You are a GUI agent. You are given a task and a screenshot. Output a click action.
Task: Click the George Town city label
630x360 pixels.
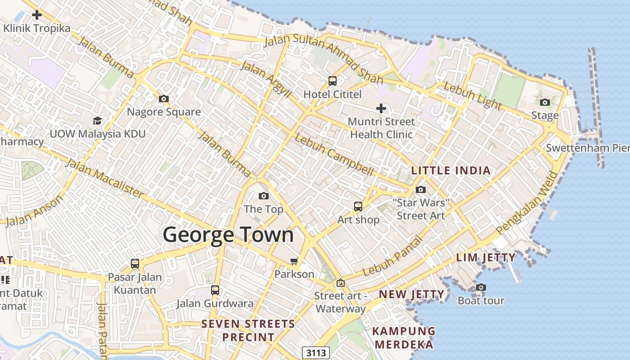[228, 235]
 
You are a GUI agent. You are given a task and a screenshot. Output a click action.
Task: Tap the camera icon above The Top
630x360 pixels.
[264, 196]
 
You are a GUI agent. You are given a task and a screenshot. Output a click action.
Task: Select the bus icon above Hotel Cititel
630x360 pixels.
[333, 81]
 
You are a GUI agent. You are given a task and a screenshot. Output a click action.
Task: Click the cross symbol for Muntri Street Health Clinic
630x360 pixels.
[381, 108]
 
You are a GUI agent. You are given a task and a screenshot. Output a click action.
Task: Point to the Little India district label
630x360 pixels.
[451, 171]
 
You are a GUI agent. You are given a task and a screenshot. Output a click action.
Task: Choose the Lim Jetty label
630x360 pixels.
[486, 257]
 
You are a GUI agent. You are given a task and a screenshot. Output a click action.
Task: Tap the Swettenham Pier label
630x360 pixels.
[587, 148]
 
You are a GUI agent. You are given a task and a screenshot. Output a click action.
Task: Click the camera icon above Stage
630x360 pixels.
[545, 103]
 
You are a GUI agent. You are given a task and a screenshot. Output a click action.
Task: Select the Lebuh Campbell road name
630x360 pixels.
[334, 155]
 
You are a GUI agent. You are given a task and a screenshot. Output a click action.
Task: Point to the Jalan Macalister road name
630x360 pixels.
[105, 179]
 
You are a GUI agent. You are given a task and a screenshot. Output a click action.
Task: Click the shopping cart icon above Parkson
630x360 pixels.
[294, 261]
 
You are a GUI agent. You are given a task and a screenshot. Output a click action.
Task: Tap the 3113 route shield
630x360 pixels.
[316, 353]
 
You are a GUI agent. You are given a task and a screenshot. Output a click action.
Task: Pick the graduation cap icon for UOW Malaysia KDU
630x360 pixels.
[97, 121]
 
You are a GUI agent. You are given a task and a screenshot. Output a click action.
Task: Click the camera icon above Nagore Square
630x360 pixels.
[164, 99]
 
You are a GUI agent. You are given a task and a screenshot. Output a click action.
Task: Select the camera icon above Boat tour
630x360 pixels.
[481, 287]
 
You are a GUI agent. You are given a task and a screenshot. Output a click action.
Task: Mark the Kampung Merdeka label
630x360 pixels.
[404, 338]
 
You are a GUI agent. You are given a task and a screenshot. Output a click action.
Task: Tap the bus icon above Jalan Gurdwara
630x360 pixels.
[215, 290]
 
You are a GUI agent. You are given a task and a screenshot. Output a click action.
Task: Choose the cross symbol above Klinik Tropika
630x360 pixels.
[37, 15]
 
